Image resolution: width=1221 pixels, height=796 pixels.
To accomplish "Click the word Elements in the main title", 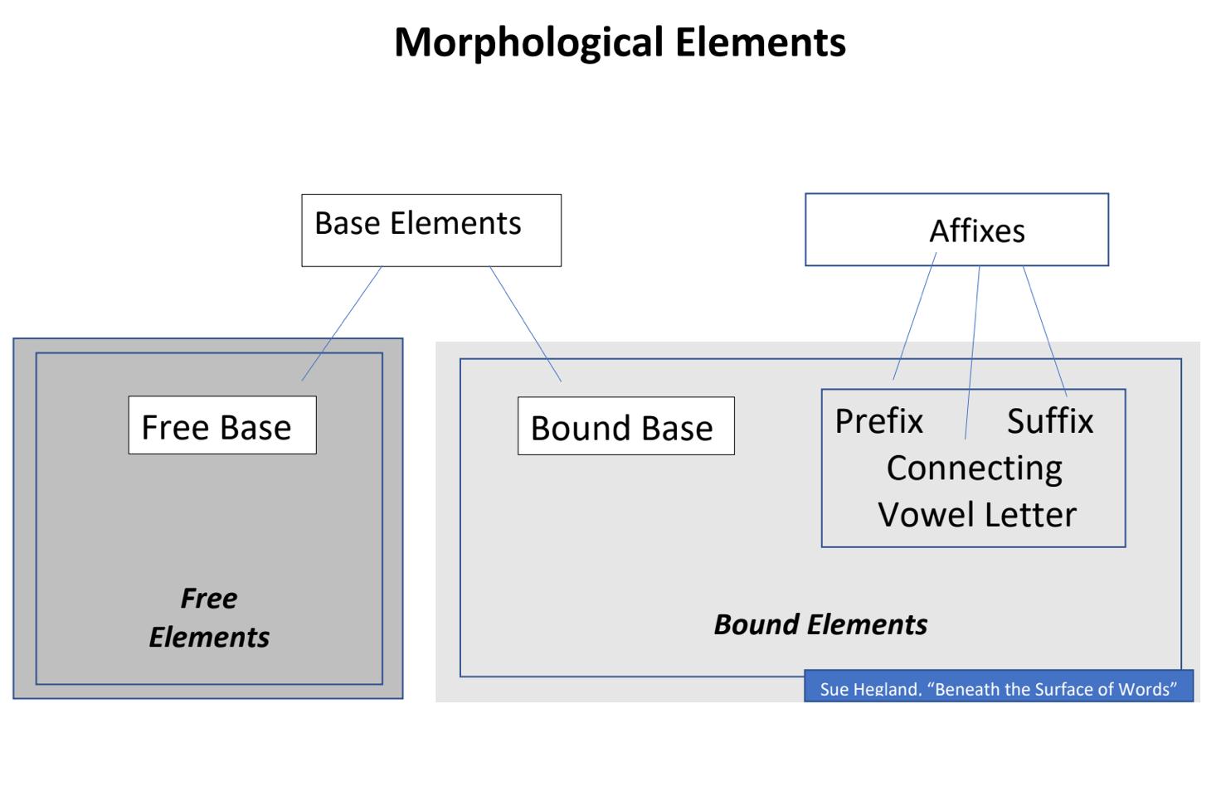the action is pos(761,42).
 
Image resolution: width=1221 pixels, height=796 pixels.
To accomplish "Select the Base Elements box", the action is pos(431,231).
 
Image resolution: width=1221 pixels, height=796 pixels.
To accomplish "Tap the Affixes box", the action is pos(957,230).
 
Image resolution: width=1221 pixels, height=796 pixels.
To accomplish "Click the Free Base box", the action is pos(222,425).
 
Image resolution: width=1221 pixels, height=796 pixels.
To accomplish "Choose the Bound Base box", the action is pos(626,426).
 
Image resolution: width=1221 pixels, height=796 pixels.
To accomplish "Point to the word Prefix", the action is pos(879,421).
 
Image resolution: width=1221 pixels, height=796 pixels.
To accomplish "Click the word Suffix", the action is pos(1050,421).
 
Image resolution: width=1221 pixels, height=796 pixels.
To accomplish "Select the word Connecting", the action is pos(975,469).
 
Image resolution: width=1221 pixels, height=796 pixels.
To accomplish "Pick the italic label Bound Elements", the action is pos(821,624).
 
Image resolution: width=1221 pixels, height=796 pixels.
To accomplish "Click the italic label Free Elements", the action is pos(209,618).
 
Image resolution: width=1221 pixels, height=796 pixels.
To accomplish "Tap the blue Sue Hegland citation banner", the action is pos(1000,686).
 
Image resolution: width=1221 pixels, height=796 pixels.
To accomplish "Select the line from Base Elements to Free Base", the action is pos(342,323).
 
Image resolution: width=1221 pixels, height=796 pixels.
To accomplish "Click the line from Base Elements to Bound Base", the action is pos(525,324).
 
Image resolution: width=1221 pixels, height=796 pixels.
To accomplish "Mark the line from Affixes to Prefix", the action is pos(915,316).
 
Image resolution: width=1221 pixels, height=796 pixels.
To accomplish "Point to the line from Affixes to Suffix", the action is pos(1045,332).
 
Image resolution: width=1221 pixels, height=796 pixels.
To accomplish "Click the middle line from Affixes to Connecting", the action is pos(972,352).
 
